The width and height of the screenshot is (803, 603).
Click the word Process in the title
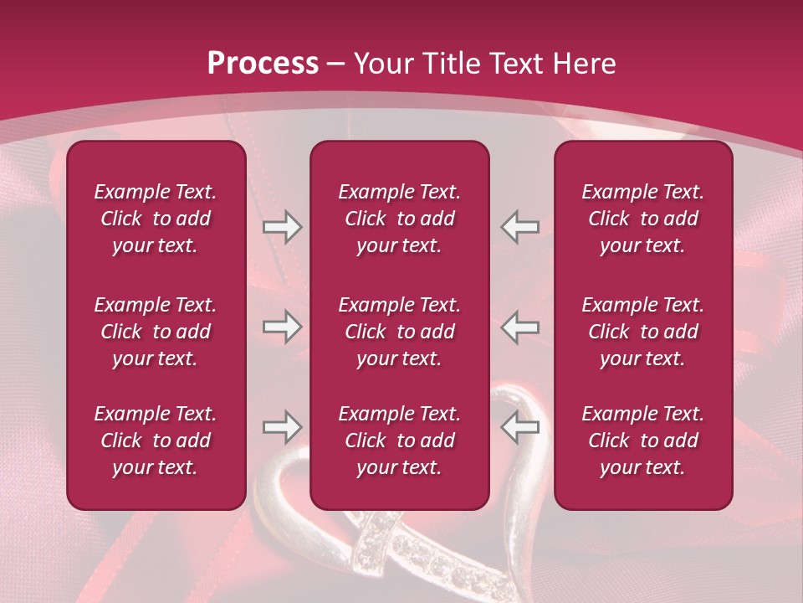pyautogui.click(x=263, y=64)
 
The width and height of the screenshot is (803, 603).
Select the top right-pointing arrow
pyautogui.click(x=282, y=227)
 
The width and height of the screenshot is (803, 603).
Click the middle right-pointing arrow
pyautogui.click(x=282, y=327)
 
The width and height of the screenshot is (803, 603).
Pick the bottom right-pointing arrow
pyautogui.click(x=282, y=427)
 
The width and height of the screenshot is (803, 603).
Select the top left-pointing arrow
pyautogui.click(x=520, y=227)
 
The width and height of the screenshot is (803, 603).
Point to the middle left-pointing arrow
pyautogui.click(x=520, y=327)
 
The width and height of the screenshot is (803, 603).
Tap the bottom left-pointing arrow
pyautogui.click(x=520, y=427)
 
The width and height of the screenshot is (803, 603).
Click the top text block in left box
pyautogui.click(x=156, y=219)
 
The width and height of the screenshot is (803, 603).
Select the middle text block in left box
pyautogui.click(x=156, y=332)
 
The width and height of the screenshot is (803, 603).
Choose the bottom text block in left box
pyautogui.click(x=156, y=441)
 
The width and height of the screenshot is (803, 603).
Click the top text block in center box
pyautogui.click(x=399, y=219)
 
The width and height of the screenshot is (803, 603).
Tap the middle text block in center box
pyautogui.click(x=399, y=332)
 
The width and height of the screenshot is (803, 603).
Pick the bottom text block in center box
pyautogui.click(x=399, y=441)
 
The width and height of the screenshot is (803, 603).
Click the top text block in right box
pyautogui.click(x=642, y=219)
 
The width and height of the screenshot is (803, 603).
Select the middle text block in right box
pyautogui.click(x=642, y=332)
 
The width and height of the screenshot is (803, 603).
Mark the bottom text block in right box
pyautogui.click(x=642, y=441)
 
